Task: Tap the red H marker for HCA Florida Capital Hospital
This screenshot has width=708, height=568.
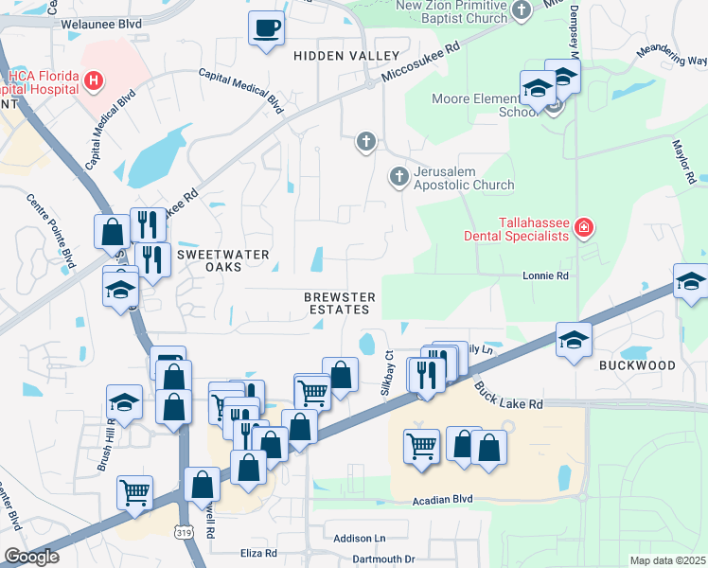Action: (x=94, y=81)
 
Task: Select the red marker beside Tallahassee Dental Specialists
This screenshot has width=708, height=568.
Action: (x=584, y=227)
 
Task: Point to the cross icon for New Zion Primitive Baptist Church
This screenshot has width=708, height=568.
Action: (x=521, y=10)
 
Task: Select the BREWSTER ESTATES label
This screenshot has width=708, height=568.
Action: (x=340, y=303)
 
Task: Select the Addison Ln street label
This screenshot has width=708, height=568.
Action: (x=354, y=538)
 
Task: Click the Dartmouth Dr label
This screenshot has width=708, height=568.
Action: (x=383, y=559)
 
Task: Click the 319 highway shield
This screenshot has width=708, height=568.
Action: (x=182, y=535)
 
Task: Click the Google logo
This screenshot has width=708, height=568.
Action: (x=31, y=558)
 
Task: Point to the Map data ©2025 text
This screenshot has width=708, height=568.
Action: (x=667, y=560)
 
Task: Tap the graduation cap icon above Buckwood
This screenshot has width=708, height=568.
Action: (x=574, y=340)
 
